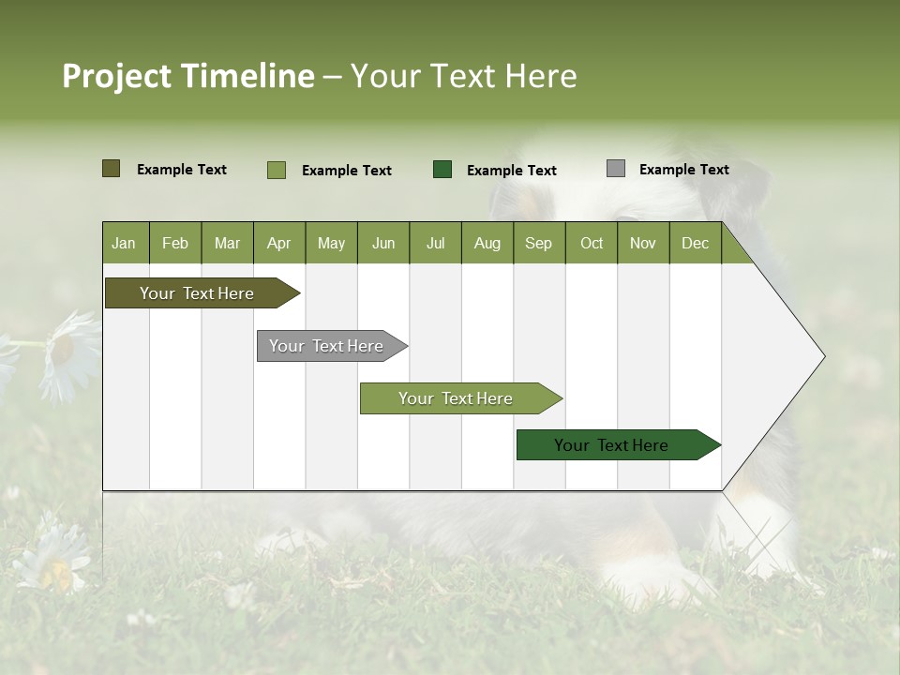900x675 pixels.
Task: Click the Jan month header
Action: (124, 244)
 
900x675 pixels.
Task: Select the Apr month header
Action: (278, 244)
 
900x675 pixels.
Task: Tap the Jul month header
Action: (435, 244)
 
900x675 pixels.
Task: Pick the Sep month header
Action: (538, 244)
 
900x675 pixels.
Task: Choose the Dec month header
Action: (695, 244)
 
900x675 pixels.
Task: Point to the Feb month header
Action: (175, 244)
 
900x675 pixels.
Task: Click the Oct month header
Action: (592, 244)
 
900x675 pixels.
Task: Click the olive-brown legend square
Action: (112, 169)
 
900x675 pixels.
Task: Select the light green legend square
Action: (277, 170)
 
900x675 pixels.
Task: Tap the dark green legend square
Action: (442, 169)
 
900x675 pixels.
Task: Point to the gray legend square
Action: (616, 169)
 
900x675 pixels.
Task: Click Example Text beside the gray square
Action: (683, 170)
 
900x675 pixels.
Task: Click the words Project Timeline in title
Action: (188, 76)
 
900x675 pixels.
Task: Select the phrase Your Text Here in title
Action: (464, 76)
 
